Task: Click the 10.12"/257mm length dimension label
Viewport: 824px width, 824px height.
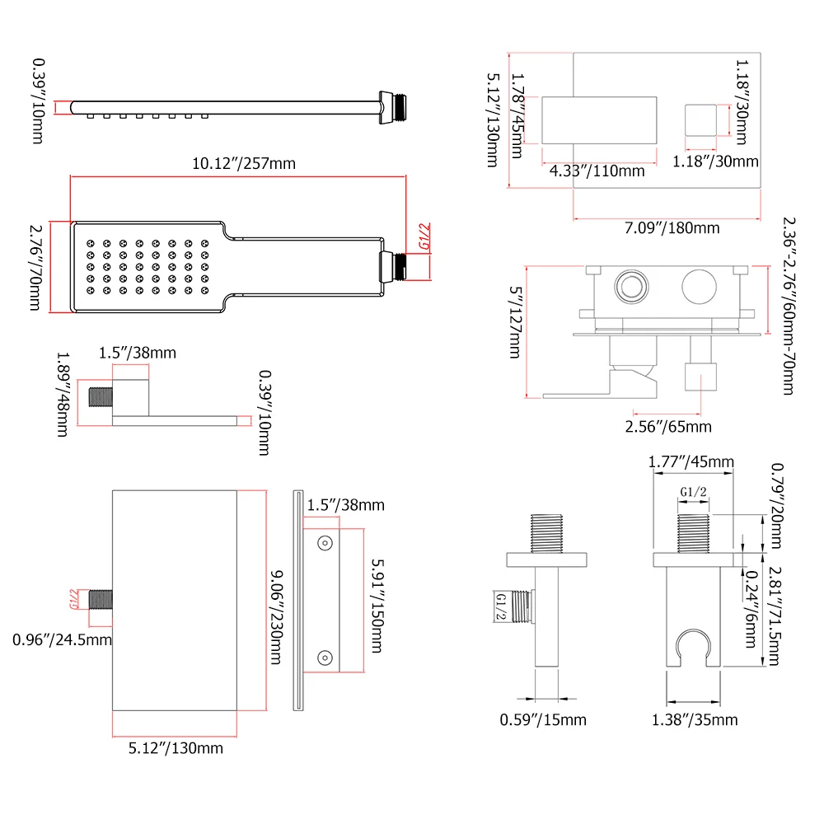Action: pyautogui.click(x=243, y=164)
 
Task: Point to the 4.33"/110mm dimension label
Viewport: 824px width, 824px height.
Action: pyautogui.click(x=597, y=171)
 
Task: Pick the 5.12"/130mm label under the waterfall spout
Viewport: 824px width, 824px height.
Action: pyautogui.click(x=176, y=748)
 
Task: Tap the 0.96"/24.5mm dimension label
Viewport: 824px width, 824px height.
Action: pyautogui.click(x=63, y=639)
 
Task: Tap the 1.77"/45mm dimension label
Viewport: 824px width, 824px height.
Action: pyautogui.click(x=691, y=461)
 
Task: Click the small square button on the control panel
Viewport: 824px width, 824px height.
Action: pyautogui.click(x=700, y=119)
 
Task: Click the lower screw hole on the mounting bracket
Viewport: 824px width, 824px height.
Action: pyautogui.click(x=325, y=657)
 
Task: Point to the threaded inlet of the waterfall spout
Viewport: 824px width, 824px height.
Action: pyautogui.click(x=99, y=599)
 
